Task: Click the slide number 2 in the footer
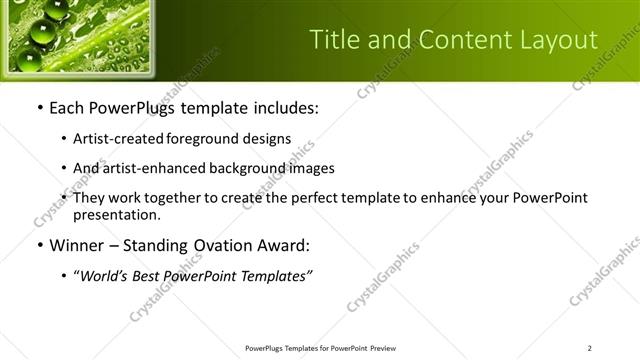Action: (590, 348)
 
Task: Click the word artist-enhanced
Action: (152, 169)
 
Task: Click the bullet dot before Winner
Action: (39, 245)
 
